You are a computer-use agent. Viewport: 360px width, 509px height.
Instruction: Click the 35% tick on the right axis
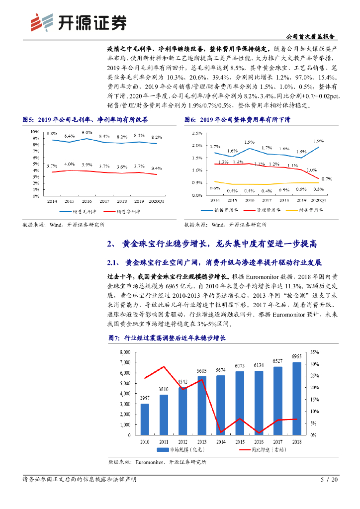(314, 352)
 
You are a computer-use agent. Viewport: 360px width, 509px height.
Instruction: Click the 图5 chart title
(85, 120)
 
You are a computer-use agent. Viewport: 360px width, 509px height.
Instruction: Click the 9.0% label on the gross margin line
(87, 132)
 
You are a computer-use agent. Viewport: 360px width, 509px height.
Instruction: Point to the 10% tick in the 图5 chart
(35, 132)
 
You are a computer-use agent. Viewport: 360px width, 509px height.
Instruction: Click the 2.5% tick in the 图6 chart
(196, 133)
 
